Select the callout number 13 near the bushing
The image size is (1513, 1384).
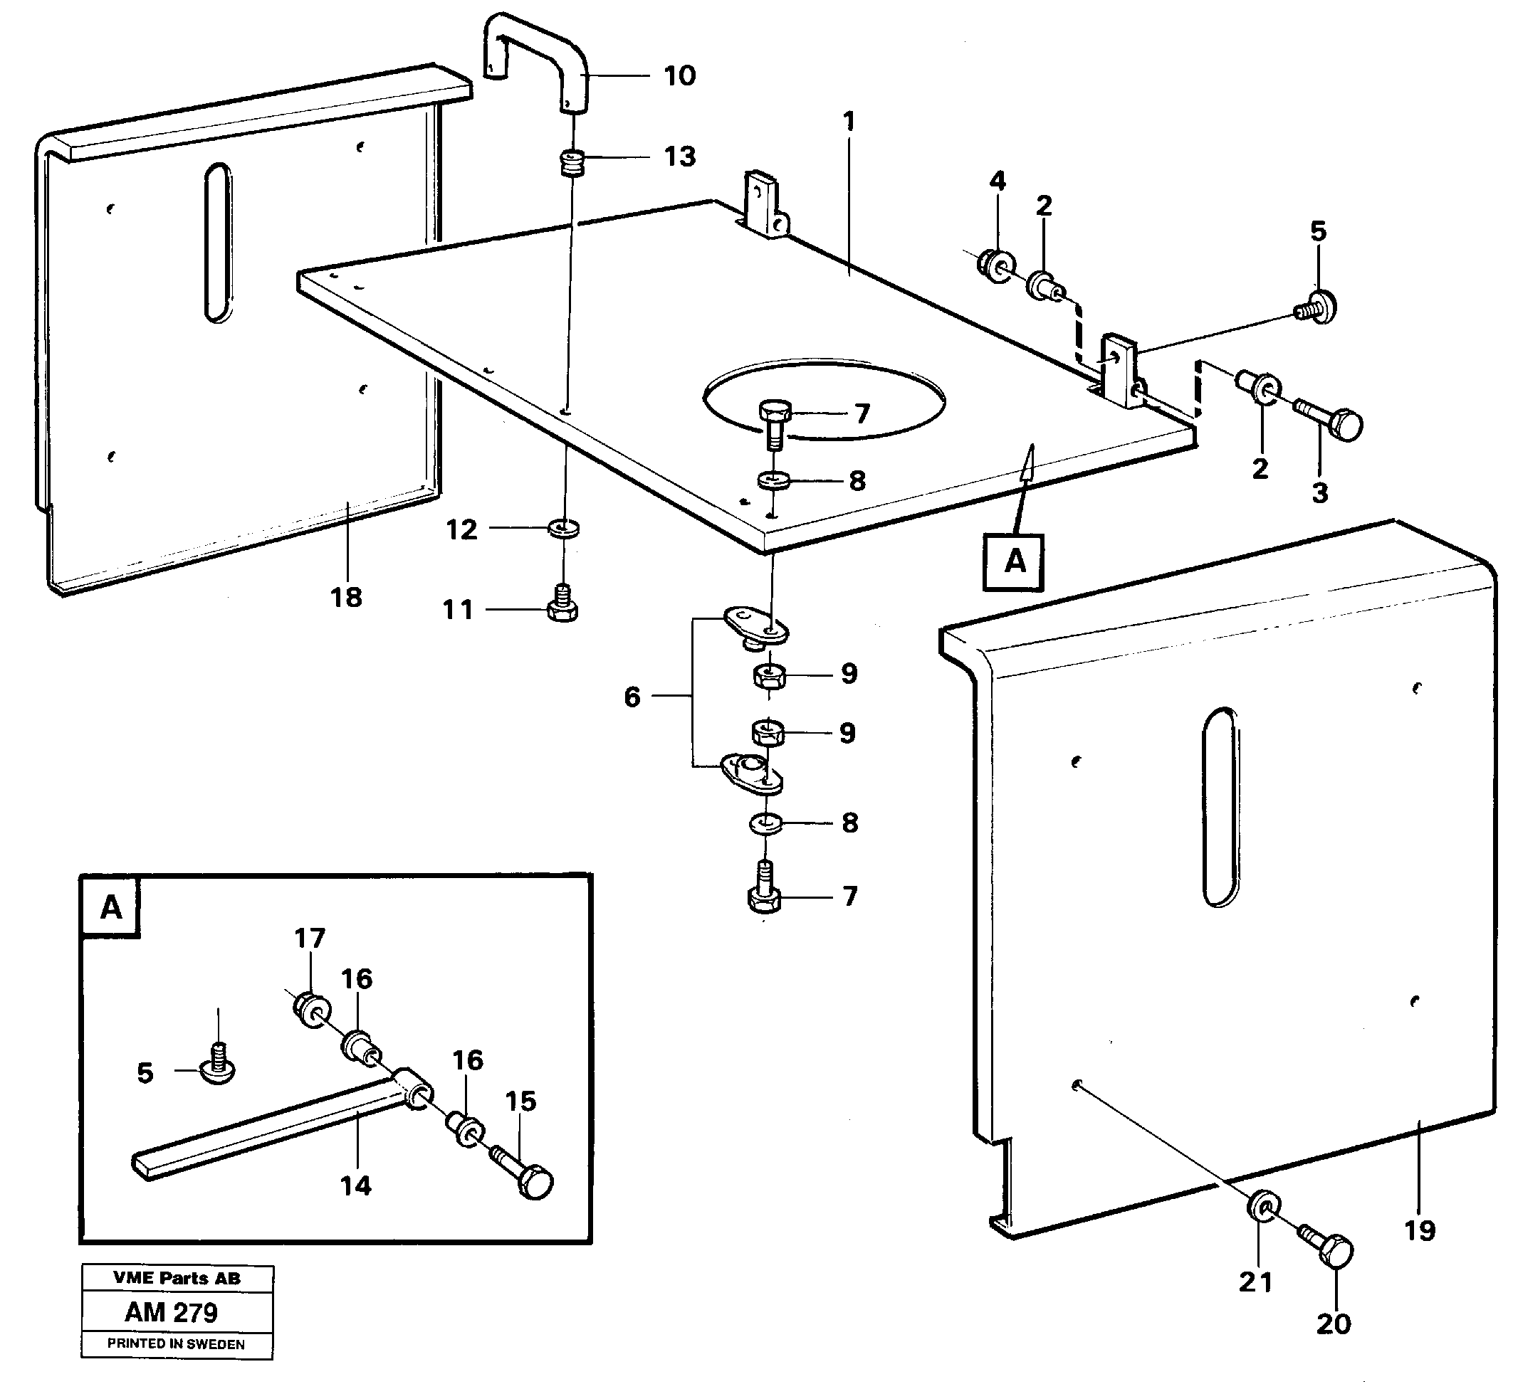click(x=679, y=157)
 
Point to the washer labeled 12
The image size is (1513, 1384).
click(x=564, y=528)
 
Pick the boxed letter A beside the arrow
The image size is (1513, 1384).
click(x=1014, y=562)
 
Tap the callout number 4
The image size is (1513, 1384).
click(x=998, y=181)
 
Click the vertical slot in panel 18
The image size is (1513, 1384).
click(x=218, y=243)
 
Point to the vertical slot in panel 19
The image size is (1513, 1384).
click(x=1220, y=807)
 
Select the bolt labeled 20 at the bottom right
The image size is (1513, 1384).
click(x=1329, y=1251)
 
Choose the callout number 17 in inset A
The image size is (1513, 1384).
click(x=309, y=939)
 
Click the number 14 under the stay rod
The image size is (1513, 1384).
click(x=355, y=1186)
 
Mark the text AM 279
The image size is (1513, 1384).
click(x=171, y=1312)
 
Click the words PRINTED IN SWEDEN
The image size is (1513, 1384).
click(x=176, y=1343)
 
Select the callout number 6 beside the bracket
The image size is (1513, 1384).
click(x=633, y=697)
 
